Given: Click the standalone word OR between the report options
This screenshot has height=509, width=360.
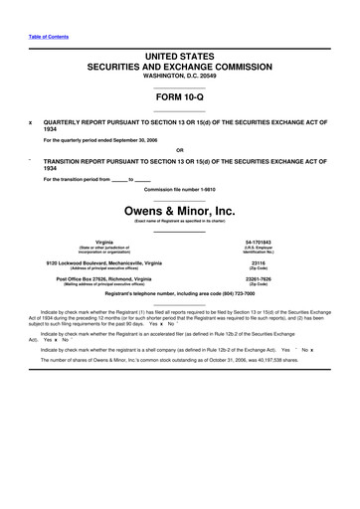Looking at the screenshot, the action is [179, 149].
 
